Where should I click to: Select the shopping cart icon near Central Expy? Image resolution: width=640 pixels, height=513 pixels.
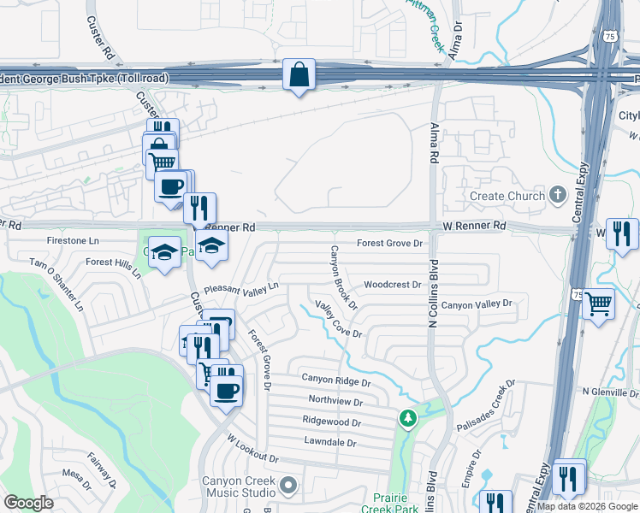point(599,304)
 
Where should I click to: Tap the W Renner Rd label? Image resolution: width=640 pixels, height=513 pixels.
point(474,226)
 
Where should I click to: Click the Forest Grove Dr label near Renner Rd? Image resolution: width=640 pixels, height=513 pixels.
point(390,244)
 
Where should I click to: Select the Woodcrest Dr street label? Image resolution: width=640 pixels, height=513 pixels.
point(392,285)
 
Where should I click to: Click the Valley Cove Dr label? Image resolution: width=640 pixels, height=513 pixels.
point(339,319)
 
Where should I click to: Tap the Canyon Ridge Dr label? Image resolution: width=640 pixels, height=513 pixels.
point(335,378)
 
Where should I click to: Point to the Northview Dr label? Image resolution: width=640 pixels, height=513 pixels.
point(335,400)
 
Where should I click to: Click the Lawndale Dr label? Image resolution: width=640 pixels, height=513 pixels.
point(329,442)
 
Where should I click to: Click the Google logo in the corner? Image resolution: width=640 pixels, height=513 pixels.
point(29,503)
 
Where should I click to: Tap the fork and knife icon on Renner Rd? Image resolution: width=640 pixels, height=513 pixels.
point(199,208)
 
